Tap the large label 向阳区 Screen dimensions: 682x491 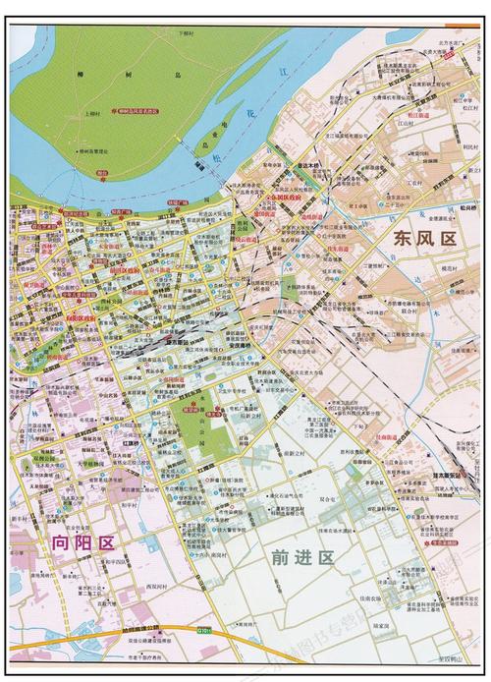[x=83, y=542]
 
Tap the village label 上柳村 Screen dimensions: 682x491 [x=94, y=114]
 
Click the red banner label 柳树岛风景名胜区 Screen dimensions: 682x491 [x=142, y=111]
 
